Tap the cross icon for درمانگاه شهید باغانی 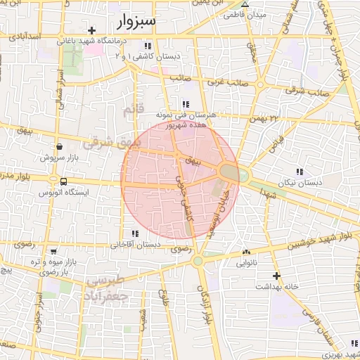point(92,31)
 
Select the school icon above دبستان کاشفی point(147,46)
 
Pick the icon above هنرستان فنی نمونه point(186,104)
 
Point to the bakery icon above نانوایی point(245,252)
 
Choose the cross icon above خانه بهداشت point(277,276)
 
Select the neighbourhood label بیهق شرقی point(112,144)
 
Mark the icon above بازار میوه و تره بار point(54,251)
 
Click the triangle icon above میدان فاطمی point(245,4)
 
